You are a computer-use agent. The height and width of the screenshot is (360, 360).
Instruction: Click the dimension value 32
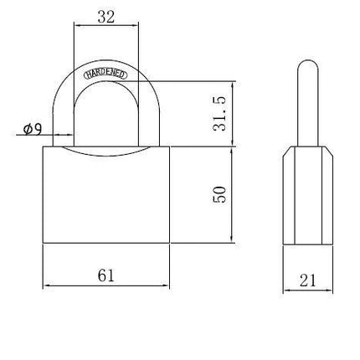click(106, 17)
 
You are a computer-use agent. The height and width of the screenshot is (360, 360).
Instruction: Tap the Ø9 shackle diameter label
click(33, 129)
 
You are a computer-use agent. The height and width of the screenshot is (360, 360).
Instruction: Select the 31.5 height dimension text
click(219, 114)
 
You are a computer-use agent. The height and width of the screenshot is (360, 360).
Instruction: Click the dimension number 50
click(219, 194)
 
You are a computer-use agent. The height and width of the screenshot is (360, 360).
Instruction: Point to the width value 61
click(106, 275)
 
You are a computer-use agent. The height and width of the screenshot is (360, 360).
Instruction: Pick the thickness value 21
click(308, 280)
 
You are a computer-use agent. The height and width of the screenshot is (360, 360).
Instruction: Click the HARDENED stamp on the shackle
click(105, 74)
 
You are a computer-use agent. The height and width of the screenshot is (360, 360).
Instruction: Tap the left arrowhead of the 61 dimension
click(47, 285)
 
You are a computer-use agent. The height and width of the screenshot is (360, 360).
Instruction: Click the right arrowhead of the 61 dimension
click(166, 285)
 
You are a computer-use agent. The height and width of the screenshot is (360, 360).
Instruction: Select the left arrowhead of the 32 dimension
click(78, 25)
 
